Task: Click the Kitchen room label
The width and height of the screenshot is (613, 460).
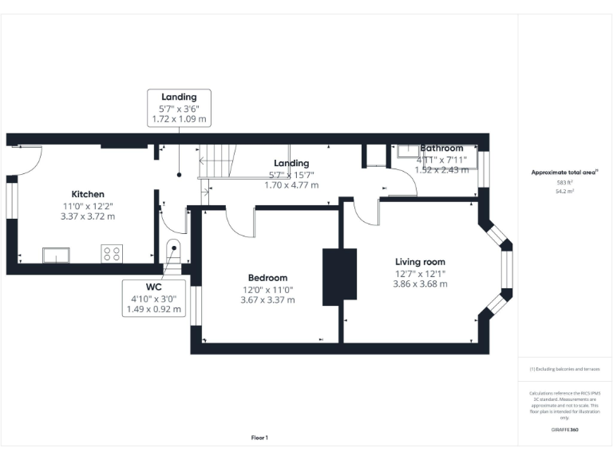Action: pyautogui.click(x=88, y=194)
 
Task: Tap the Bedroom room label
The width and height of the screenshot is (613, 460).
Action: pyautogui.click(x=267, y=278)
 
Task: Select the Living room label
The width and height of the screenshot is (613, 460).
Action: pyautogui.click(x=421, y=261)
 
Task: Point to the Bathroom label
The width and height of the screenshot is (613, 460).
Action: pyautogui.click(x=441, y=149)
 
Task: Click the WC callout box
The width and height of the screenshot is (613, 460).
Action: pyautogui.click(x=153, y=297)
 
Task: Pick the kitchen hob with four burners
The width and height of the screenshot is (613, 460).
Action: pyautogui.click(x=112, y=254)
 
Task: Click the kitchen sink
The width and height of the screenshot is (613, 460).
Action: pyautogui.click(x=57, y=255)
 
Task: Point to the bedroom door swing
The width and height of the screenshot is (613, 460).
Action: pyautogui.click(x=239, y=222)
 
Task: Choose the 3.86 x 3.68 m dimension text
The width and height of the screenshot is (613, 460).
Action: pyautogui.click(x=421, y=284)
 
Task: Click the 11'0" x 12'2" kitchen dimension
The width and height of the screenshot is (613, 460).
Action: pyautogui.click(x=88, y=205)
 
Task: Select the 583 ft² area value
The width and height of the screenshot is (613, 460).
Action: pyautogui.click(x=564, y=183)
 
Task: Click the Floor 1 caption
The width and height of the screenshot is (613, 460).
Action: pyautogui.click(x=259, y=438)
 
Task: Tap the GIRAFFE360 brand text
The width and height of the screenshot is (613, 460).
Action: pyautogui.click(x=564, y=430)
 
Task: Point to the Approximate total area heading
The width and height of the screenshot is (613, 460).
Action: pyautogui.click(x=564, y=172)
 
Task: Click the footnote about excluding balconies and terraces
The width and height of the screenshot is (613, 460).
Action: pyautogui.click(x=564, y=369)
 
